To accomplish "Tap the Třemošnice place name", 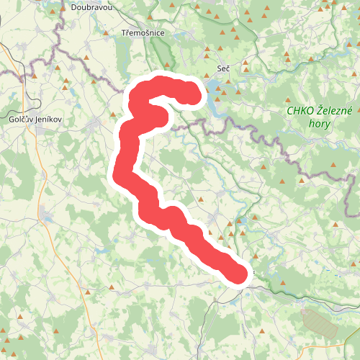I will [x=143, y=33].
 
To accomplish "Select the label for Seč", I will [x=224, y=69].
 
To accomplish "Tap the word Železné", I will [x=333, y=111].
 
